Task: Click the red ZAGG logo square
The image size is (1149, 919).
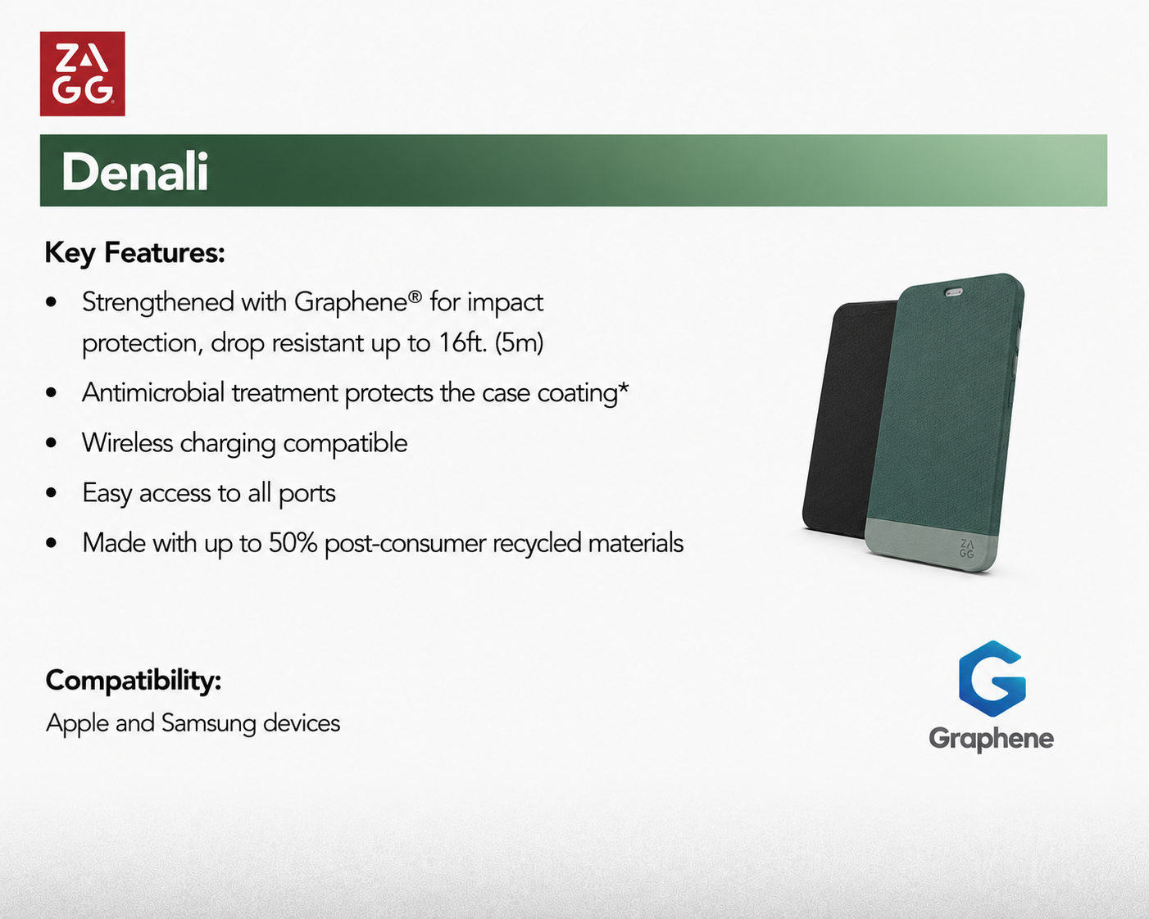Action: [x=82, y=74]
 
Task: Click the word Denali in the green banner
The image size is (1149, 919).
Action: [x=134, y=172]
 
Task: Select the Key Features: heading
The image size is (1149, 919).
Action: [x=134, y=253]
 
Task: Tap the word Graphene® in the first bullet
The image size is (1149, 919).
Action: [x=357, y=303]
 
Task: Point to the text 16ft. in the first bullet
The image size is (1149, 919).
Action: [x=463, y=342]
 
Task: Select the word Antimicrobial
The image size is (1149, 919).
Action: [x=153, y=393]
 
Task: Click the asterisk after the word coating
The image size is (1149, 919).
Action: [x=623, y=388]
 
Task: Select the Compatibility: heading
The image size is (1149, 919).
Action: [x=134, y=681]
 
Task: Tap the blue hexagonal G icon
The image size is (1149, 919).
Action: [x=992, y=678]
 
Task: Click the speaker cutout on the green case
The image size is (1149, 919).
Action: [x=954, y=292]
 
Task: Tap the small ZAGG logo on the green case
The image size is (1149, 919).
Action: [x=966, y=549]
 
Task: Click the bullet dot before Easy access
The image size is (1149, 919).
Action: [x=52, y=493]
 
